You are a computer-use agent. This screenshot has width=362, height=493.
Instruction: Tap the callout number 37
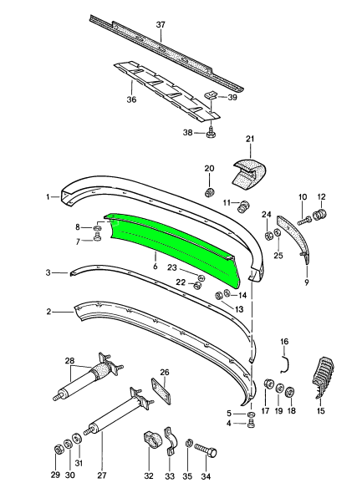pos(161,24)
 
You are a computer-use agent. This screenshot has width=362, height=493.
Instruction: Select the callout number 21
pos(250,139)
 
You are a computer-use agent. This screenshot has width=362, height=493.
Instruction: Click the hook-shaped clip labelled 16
pos(286,364)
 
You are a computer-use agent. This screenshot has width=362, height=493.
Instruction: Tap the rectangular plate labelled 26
pos(161,391)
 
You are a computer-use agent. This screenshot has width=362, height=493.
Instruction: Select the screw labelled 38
pos(210,133)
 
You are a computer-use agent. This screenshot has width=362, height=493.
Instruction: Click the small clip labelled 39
pos(211,95)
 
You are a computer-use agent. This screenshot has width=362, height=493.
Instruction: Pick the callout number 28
pos(69,360)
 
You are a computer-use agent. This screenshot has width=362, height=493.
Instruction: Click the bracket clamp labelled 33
pos(170,441)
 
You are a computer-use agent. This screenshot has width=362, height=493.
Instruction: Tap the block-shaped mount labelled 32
pos(152,440)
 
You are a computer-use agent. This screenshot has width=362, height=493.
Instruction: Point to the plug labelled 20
pos(209,192)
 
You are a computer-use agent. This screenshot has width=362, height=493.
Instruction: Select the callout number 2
pos(48,312)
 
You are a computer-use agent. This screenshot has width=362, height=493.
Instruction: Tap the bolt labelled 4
pos(252,424)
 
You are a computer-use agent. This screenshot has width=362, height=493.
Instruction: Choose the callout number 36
pos(131,99)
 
